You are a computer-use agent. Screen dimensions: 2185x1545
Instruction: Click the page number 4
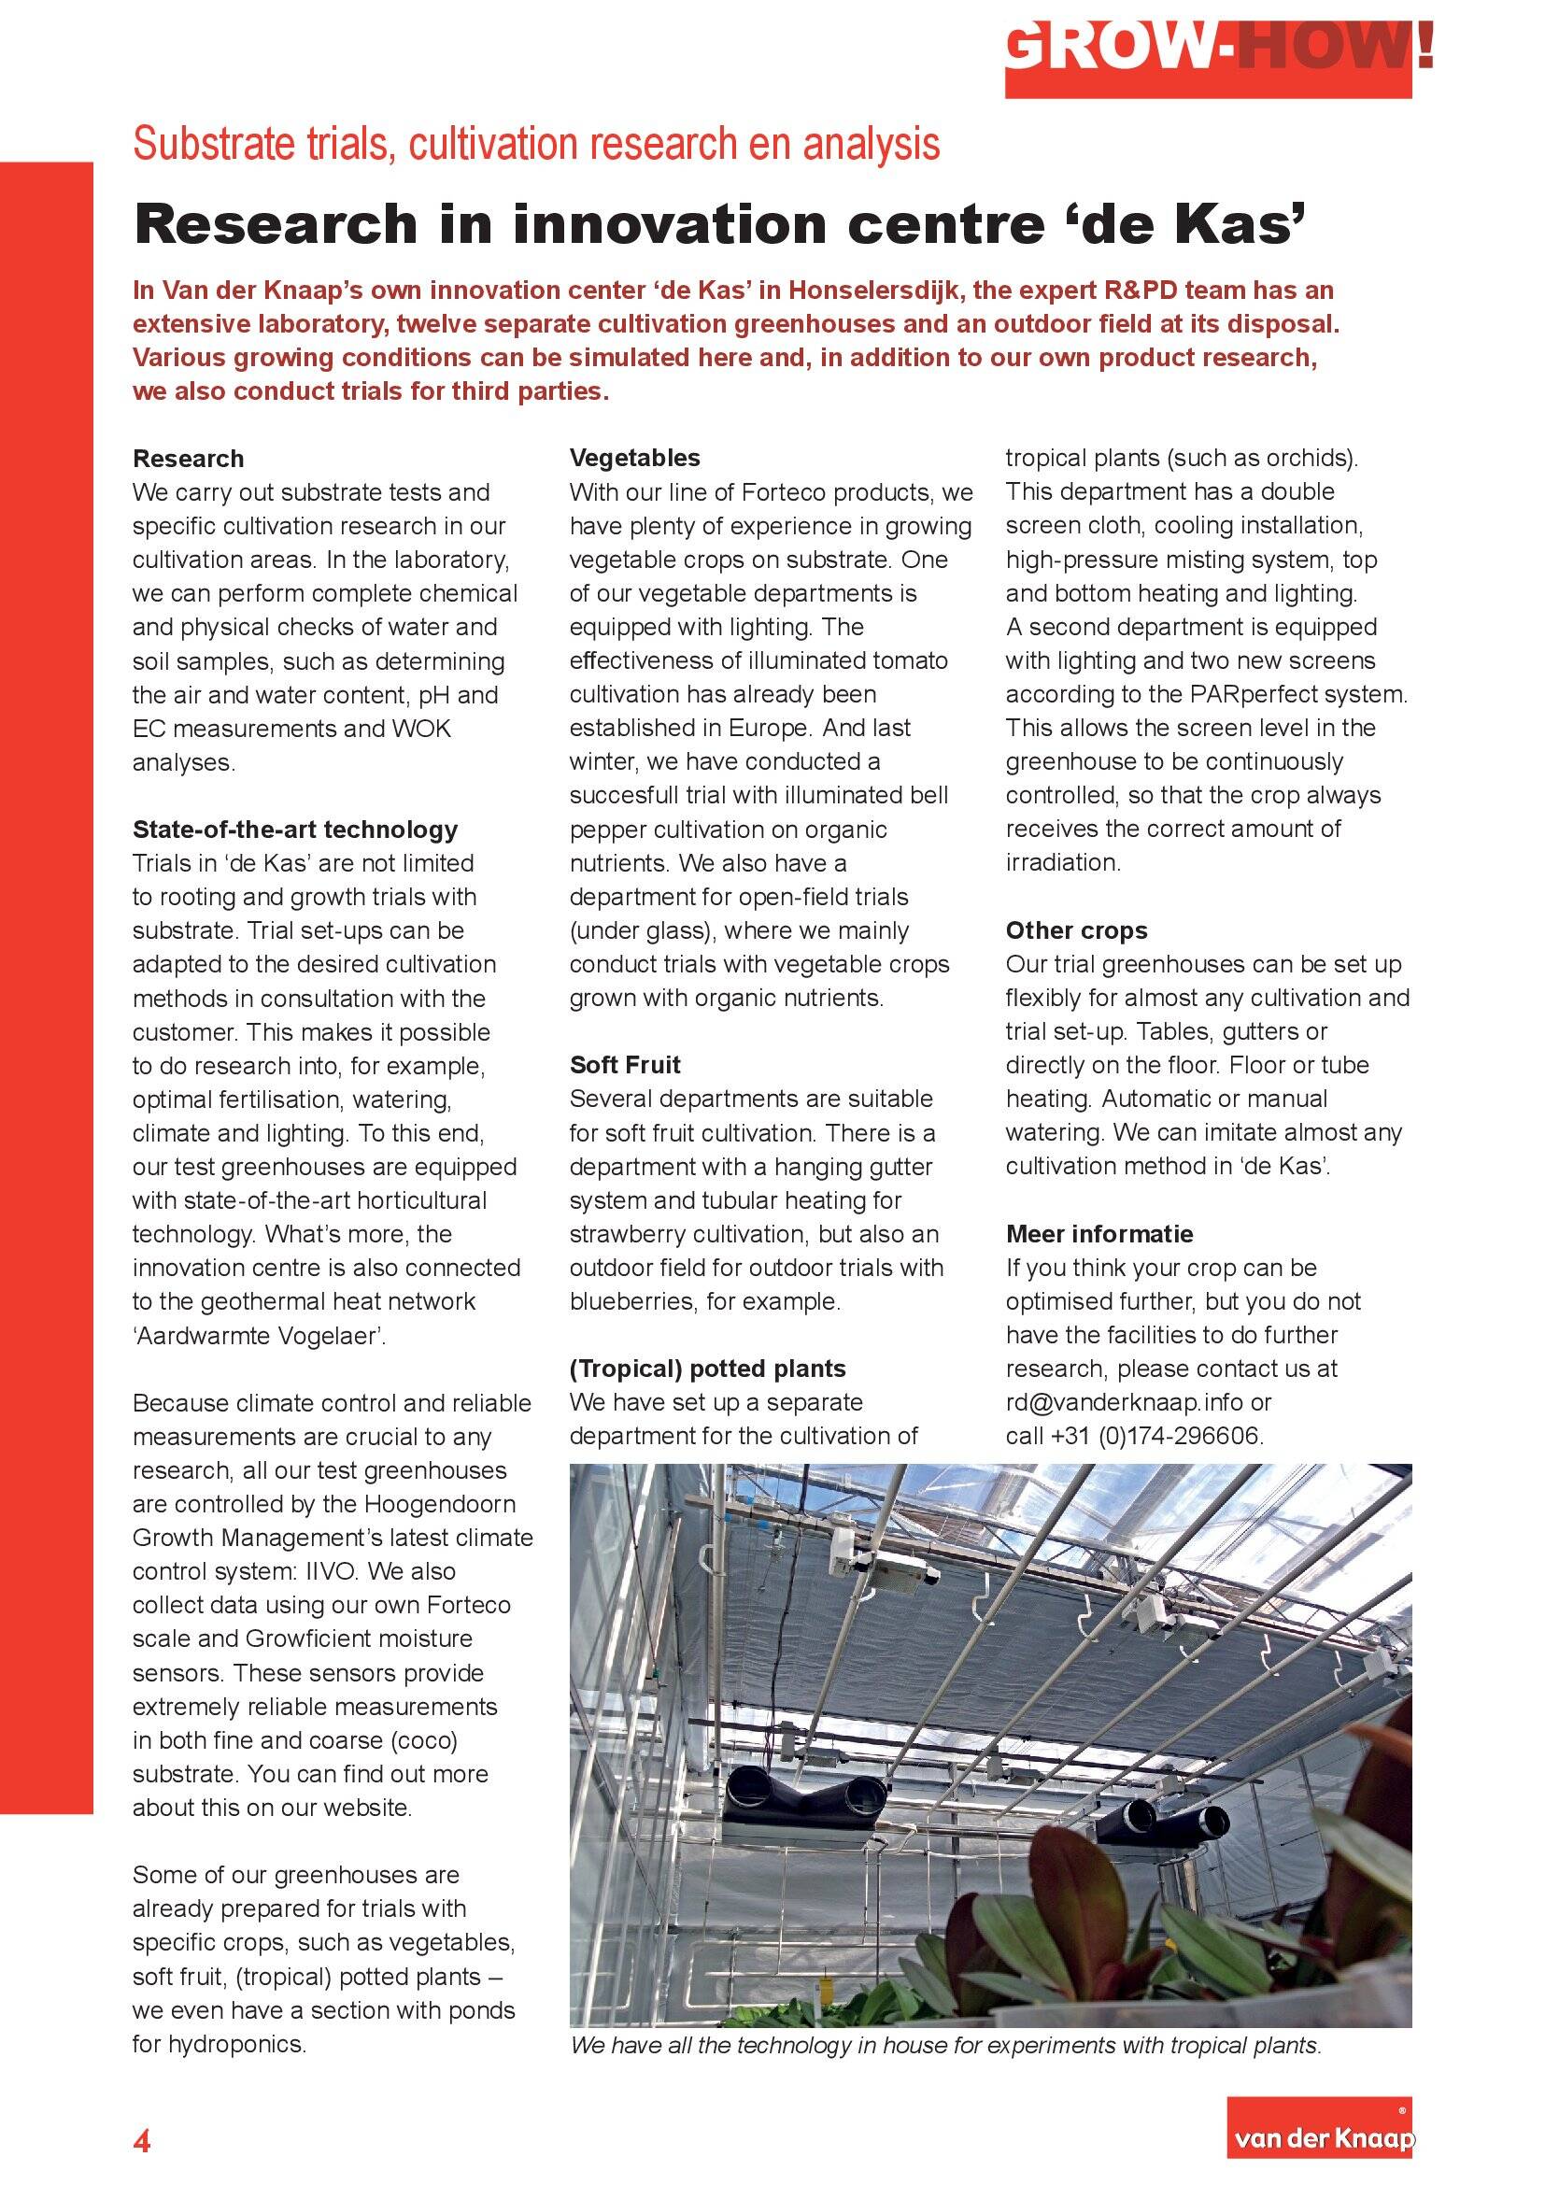142,2140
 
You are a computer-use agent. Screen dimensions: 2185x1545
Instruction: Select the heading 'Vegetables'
634,458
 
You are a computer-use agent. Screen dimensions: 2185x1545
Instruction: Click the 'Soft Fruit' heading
625,1065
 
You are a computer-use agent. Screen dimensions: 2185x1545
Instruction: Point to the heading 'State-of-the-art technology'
295,829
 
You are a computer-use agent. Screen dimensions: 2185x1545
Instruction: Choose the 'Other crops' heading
1076,929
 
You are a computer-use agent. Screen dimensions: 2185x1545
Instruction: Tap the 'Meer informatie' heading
1099,1233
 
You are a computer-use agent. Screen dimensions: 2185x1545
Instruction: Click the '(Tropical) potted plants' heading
707,1369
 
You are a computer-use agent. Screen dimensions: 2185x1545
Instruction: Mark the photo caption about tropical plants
945,2045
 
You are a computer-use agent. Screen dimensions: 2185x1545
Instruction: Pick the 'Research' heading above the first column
189,459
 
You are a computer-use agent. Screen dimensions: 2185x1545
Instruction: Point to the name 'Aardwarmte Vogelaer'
258,1335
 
